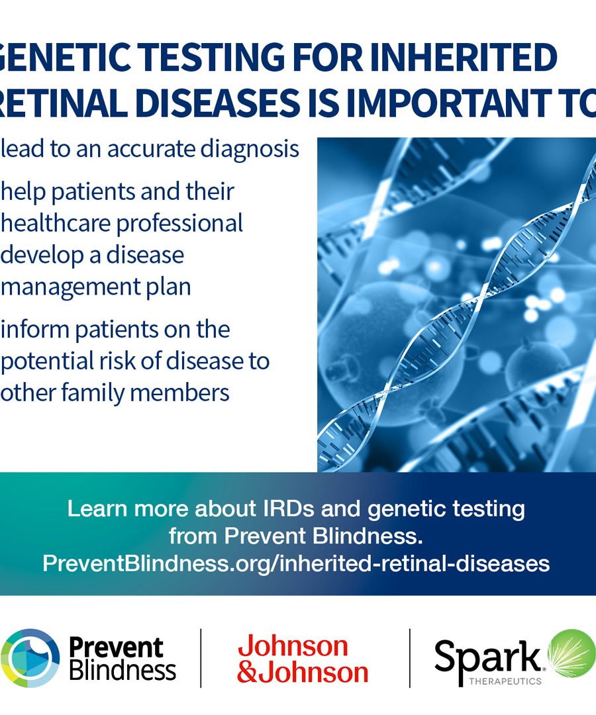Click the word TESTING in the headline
(x=211, y=57)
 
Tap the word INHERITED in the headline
(x=464, y=57)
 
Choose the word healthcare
(x=55, y=223)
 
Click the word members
(x=179, y=392)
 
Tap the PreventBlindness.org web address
(x=296, y=563)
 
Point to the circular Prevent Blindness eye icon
(x=30, y=658)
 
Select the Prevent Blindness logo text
(x=123, y=659)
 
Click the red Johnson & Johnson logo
(x=303, y=659)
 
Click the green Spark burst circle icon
(x=572, y=653)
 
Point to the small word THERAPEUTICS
(x=505, y=681)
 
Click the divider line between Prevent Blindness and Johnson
(x=201, y=658)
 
